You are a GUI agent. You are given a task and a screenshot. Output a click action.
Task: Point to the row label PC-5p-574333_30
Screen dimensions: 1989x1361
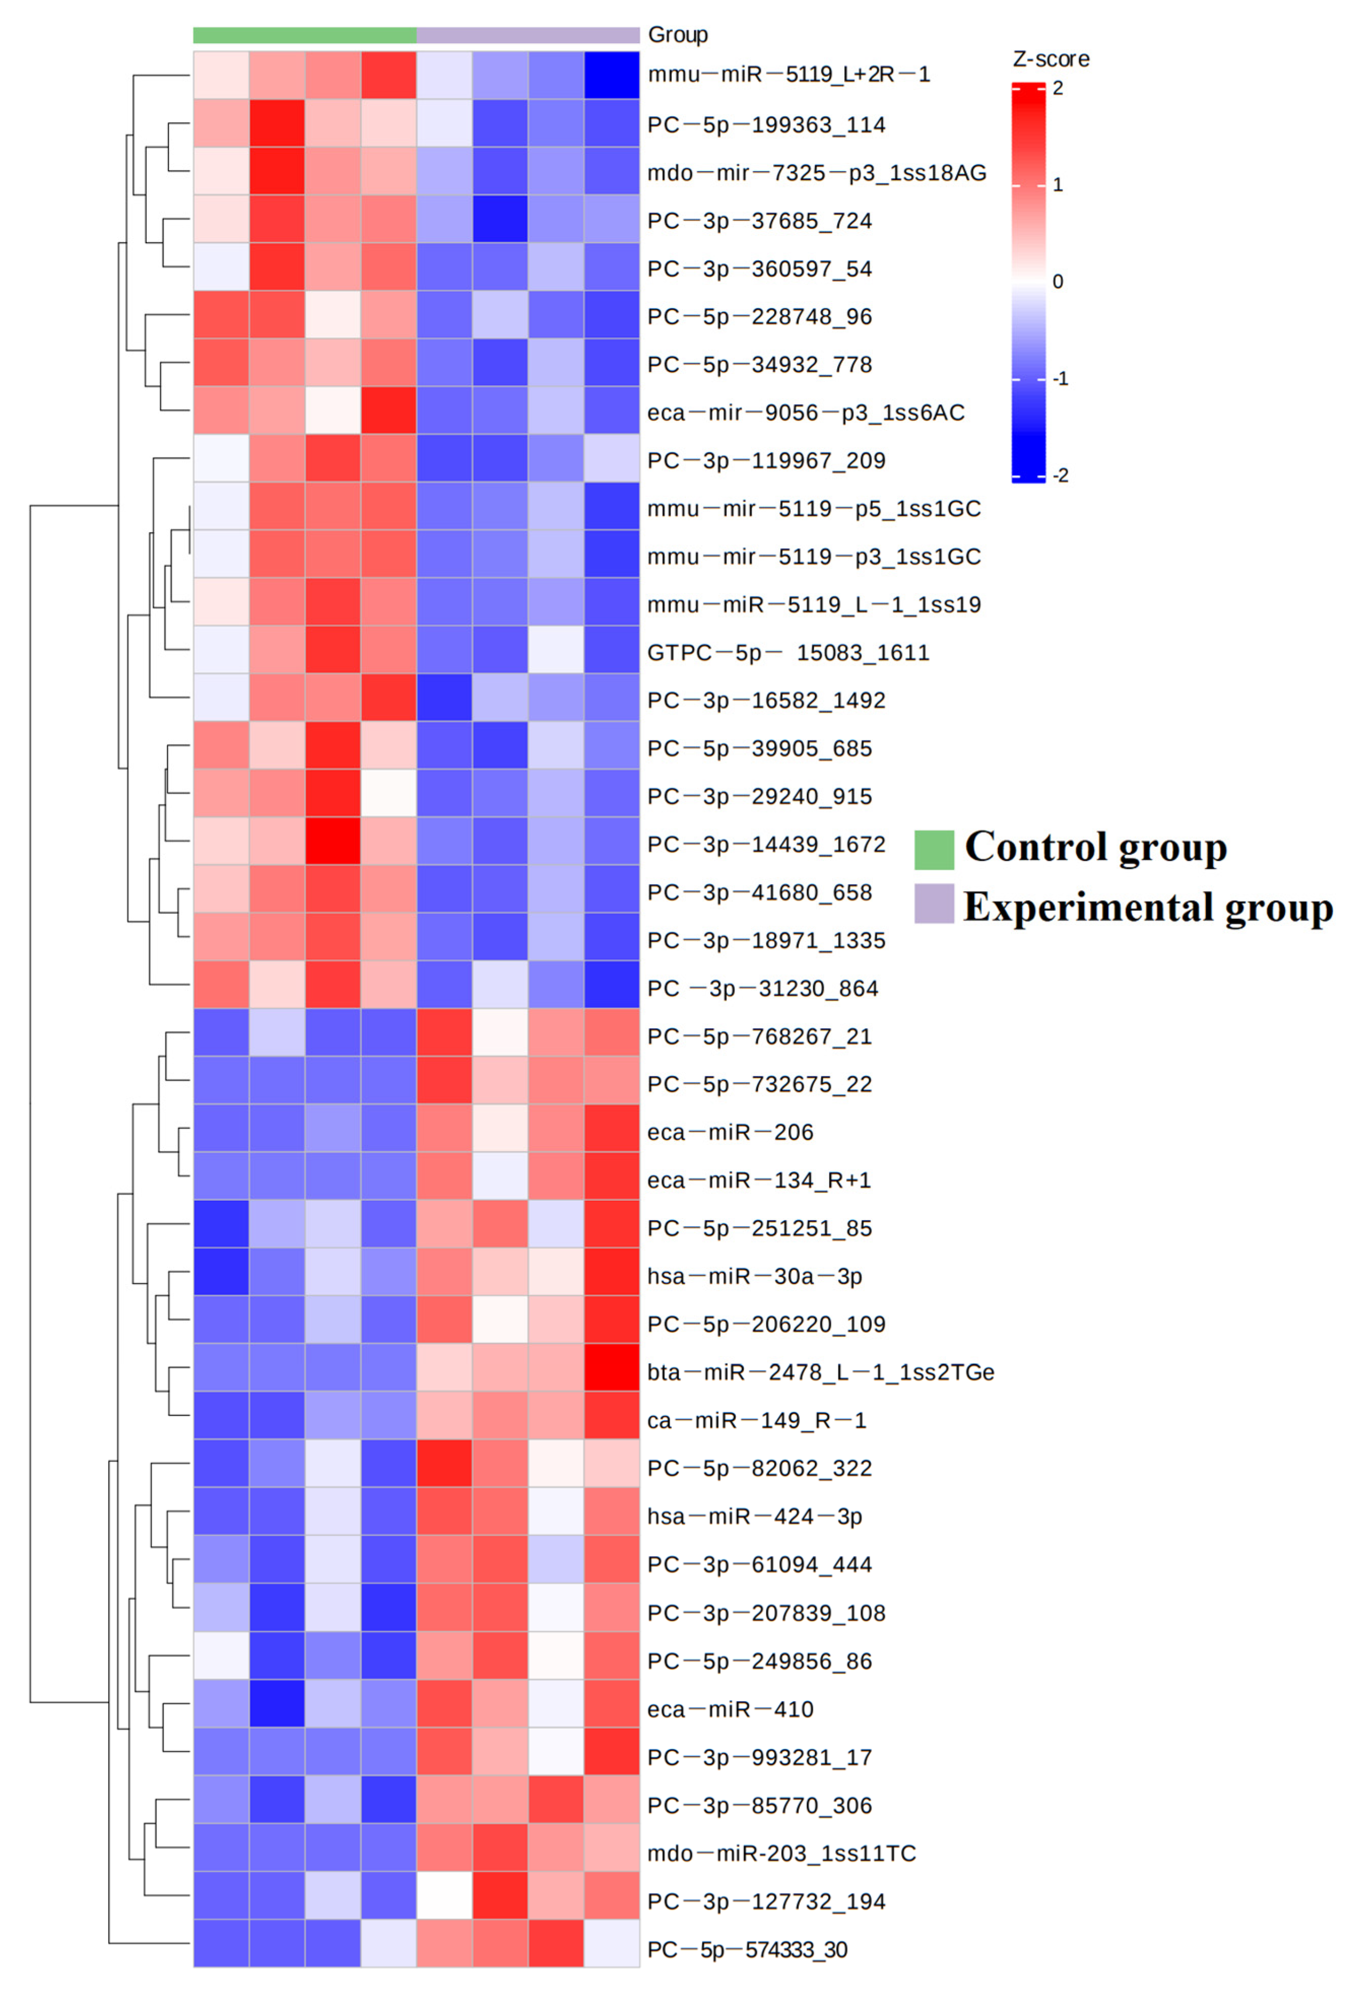746,1949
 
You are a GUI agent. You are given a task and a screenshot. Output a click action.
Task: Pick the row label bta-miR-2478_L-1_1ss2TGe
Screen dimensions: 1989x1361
820,1372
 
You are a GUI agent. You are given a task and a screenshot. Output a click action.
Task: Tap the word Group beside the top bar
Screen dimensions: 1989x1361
677,35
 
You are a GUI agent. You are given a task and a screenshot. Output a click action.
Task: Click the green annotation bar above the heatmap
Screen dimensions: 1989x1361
305,35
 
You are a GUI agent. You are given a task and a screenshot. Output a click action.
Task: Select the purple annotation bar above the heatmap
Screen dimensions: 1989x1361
527,35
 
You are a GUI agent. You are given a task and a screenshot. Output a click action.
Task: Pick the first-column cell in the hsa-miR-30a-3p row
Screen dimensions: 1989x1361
221,1275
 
